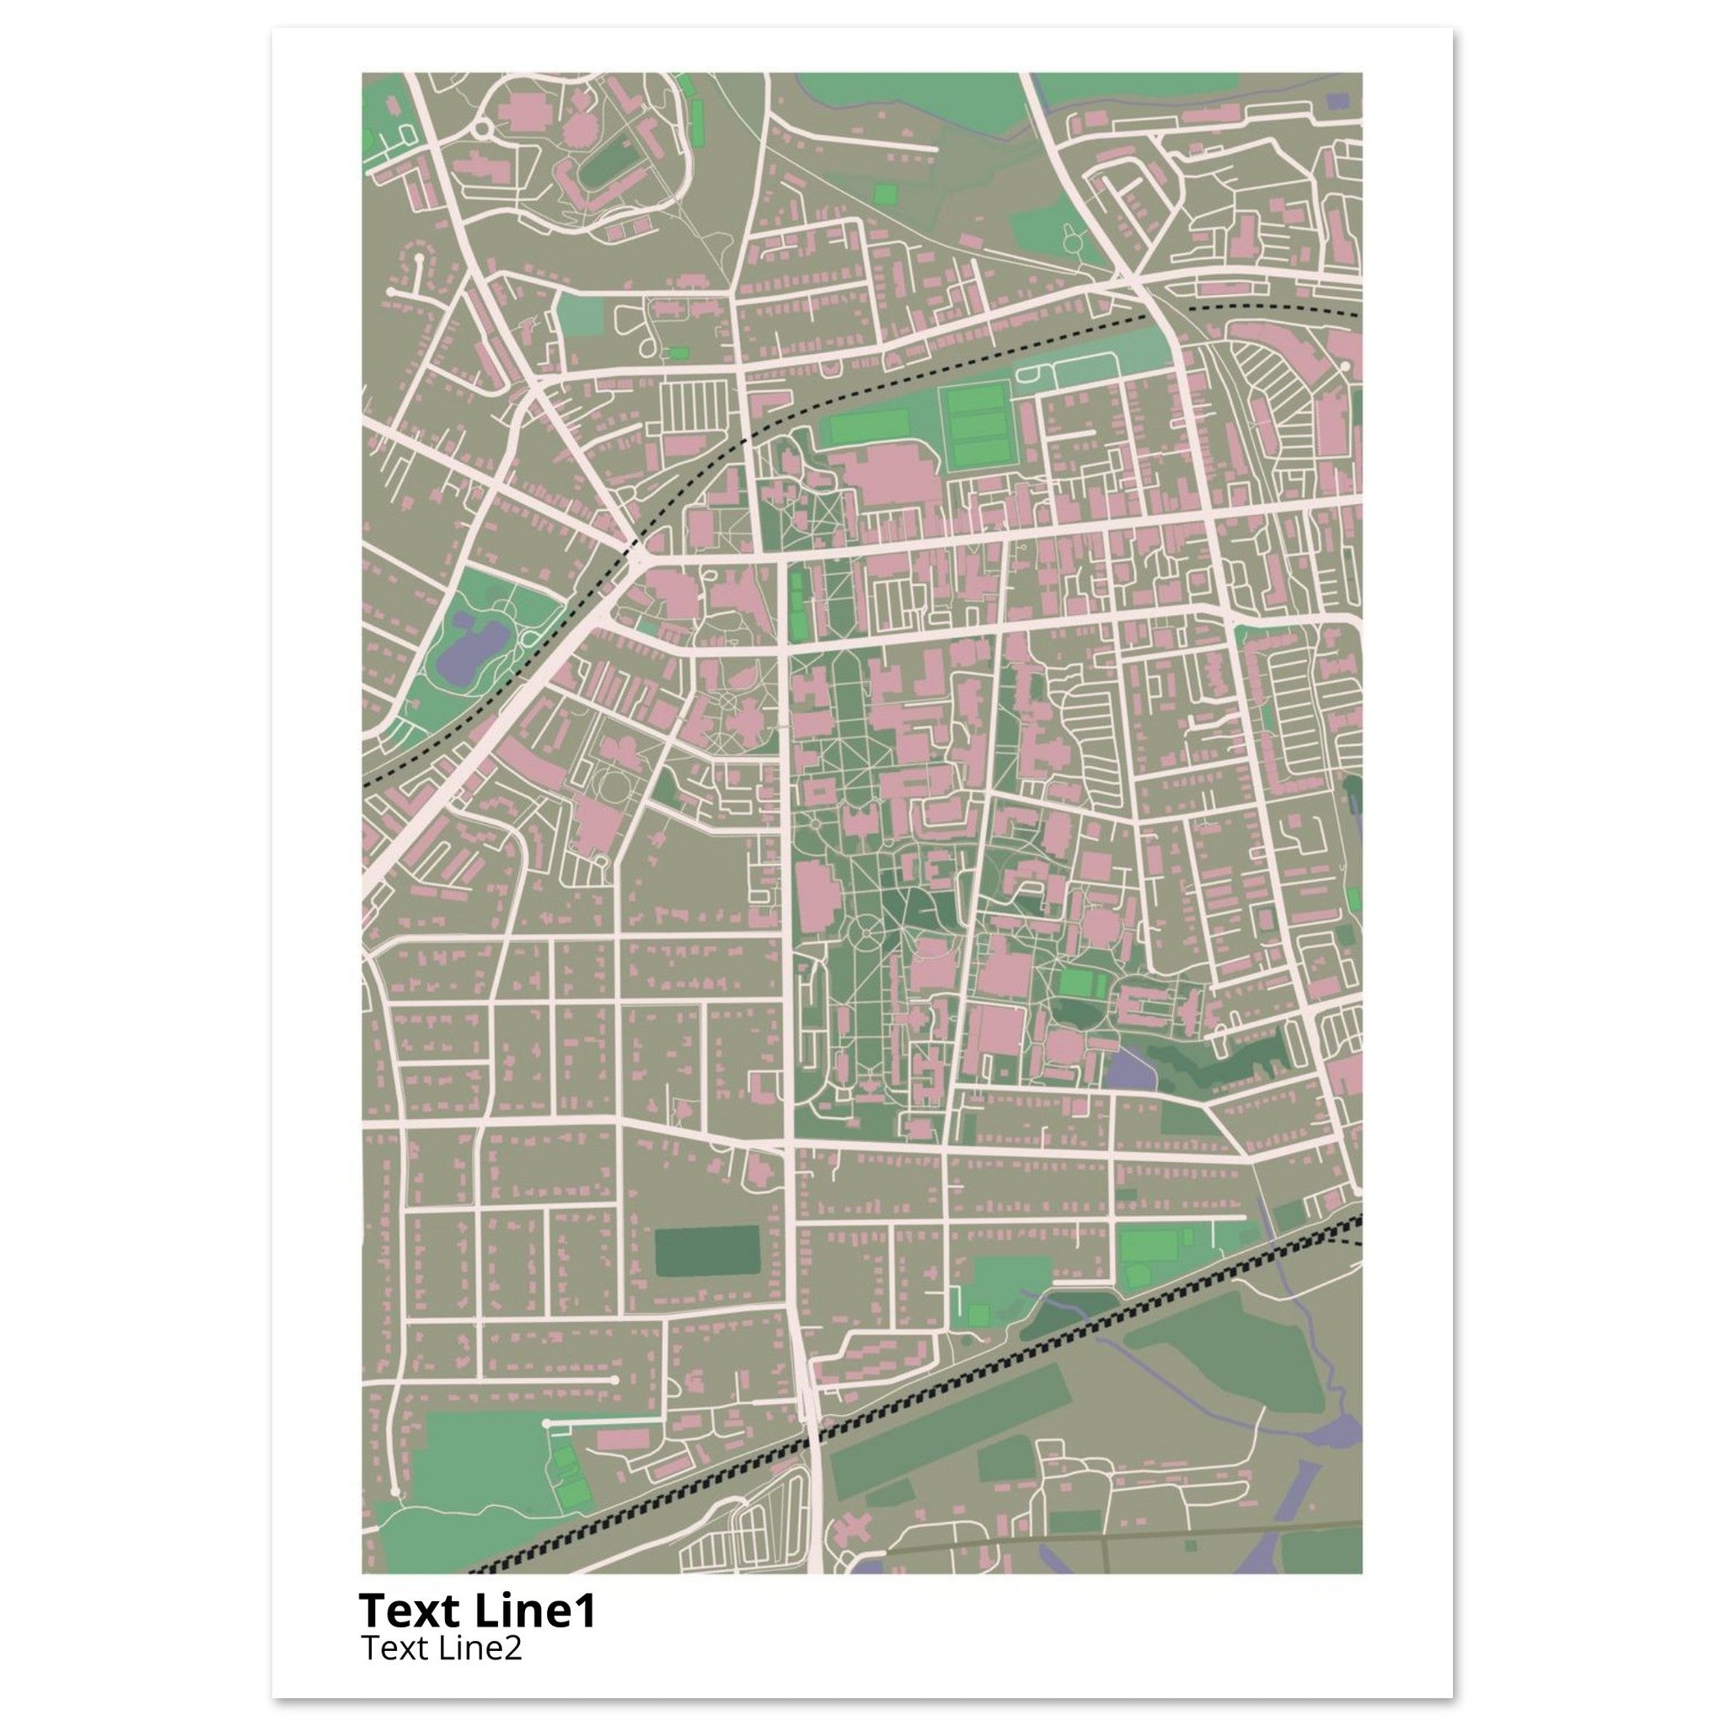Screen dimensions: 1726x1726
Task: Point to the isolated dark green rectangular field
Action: pyautogui.click(x=705, y=1252)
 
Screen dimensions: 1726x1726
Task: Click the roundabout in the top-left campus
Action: pyautogui.click(x=482, y=130)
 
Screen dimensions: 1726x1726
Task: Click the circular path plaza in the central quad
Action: pyautogui.click(x=866, y=935)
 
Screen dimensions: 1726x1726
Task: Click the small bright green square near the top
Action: pyautogui.click(x=883, y=194)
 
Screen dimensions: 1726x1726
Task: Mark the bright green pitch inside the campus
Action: pyautogui.click(x=1083, y=984)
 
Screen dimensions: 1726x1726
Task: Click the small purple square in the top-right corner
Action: pyautogui.click(x=1337, y=102)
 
